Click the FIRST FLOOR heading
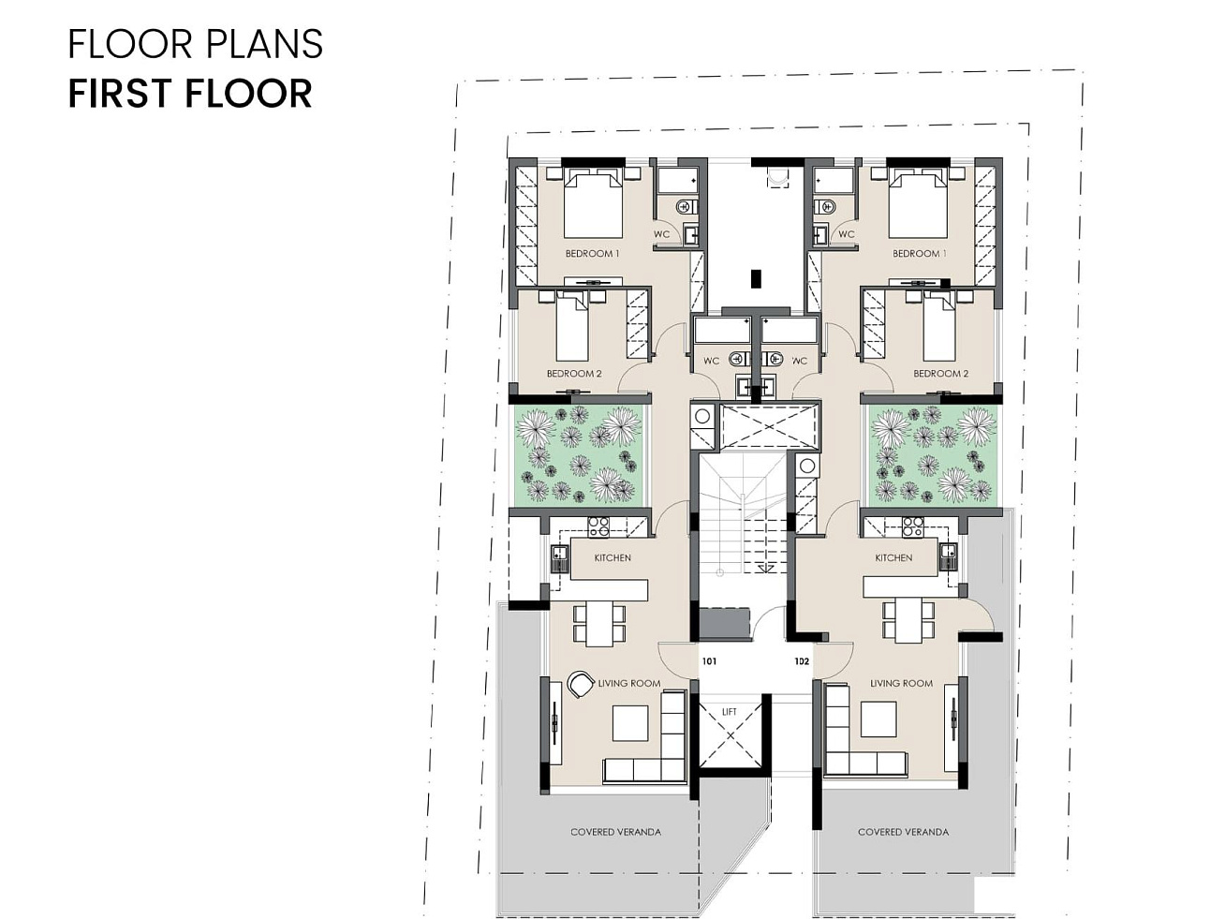(x=190, y=93)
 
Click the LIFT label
(x=730, y=711)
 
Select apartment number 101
(x=709, y=661)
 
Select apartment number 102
(x=802, y=661)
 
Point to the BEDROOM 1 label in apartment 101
(x=592, y=253)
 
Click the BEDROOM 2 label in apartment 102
(x=941, y=373)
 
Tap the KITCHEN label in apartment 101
(x=612, y=557)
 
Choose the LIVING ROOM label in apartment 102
(x=901, y=683)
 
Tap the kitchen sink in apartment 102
(x=948, y=556)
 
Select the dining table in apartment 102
(x=908, y=622)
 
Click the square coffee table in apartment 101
(x=630, y=722)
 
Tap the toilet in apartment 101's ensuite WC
(x=686, y=208)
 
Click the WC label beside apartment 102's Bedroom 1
(x=847, y=234)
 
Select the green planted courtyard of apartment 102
(x=933, y=453)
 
